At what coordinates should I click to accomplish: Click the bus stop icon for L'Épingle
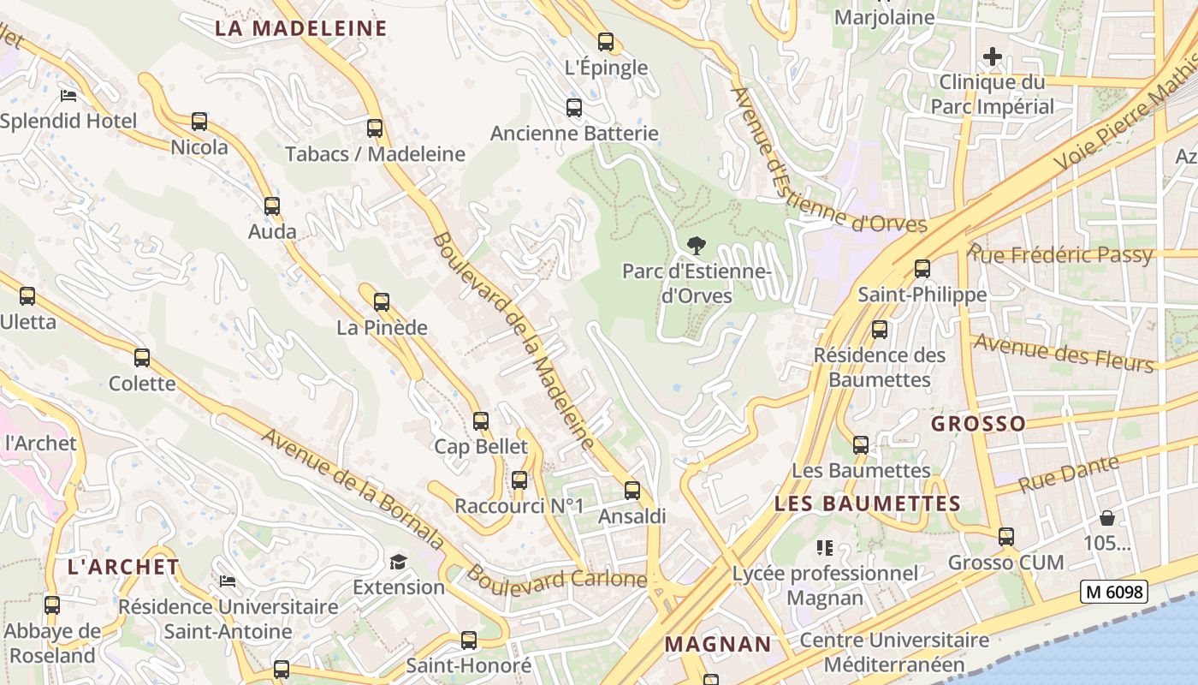coord(606,41)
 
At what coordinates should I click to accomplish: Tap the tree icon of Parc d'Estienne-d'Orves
coord(697,246)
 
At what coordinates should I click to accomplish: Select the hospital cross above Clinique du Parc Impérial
coord(992,57)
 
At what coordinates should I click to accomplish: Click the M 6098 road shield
coord(1112,592)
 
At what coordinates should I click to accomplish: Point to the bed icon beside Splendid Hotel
coord(68,95)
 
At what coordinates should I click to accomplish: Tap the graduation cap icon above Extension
coord(398,562)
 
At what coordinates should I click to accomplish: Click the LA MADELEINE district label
coord(300,28)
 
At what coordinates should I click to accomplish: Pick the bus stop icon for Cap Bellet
coord(481,420)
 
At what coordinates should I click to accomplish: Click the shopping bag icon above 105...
coord(1107,518)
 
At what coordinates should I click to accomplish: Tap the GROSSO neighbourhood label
coord(978,424)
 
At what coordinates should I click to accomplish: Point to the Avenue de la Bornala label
coord(353,490)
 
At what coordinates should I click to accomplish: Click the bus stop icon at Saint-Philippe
coord(922,269)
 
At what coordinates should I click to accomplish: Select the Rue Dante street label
coord(1070,475)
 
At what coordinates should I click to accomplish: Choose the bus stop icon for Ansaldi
coord(632,491)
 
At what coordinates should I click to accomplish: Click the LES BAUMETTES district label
coord(868,503)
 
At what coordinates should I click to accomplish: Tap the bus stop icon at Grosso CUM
coord(1005,537)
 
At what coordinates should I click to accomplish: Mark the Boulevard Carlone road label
coord(556,579)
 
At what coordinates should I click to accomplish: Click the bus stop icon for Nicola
coord(199,122)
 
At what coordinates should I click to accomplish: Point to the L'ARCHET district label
coord(123,567)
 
